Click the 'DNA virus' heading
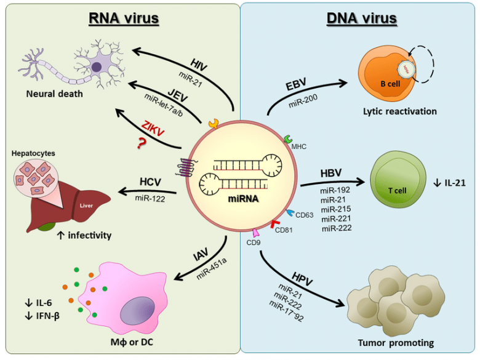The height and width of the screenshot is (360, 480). (361, 18)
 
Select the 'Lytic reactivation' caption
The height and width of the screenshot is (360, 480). (399, 111)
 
